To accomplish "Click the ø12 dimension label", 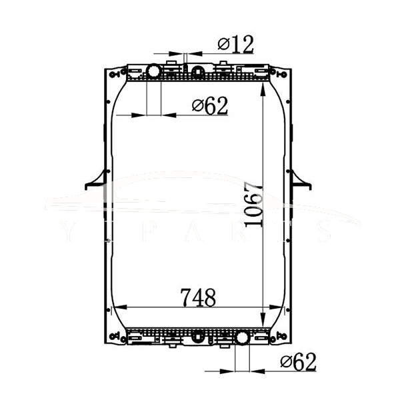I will point(235,45).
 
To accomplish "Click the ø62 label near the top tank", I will point(209,105).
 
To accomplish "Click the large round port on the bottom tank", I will point(242,338).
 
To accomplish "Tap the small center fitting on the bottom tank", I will point(197,337).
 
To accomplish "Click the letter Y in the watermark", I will point(71,231).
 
